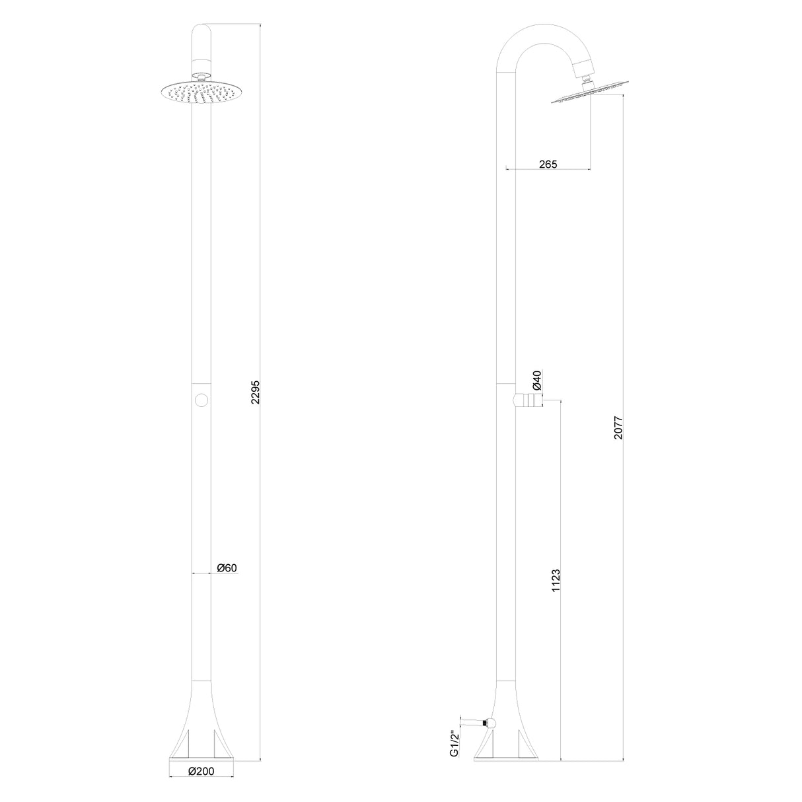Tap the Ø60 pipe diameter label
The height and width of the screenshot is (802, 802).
click(227, 567)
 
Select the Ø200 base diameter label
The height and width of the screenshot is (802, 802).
click(201, 771)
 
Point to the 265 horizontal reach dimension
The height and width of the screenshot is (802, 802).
click(548, 164)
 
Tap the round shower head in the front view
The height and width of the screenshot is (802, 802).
click(201, 92)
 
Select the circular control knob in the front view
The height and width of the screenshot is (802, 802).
click(202, 400)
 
